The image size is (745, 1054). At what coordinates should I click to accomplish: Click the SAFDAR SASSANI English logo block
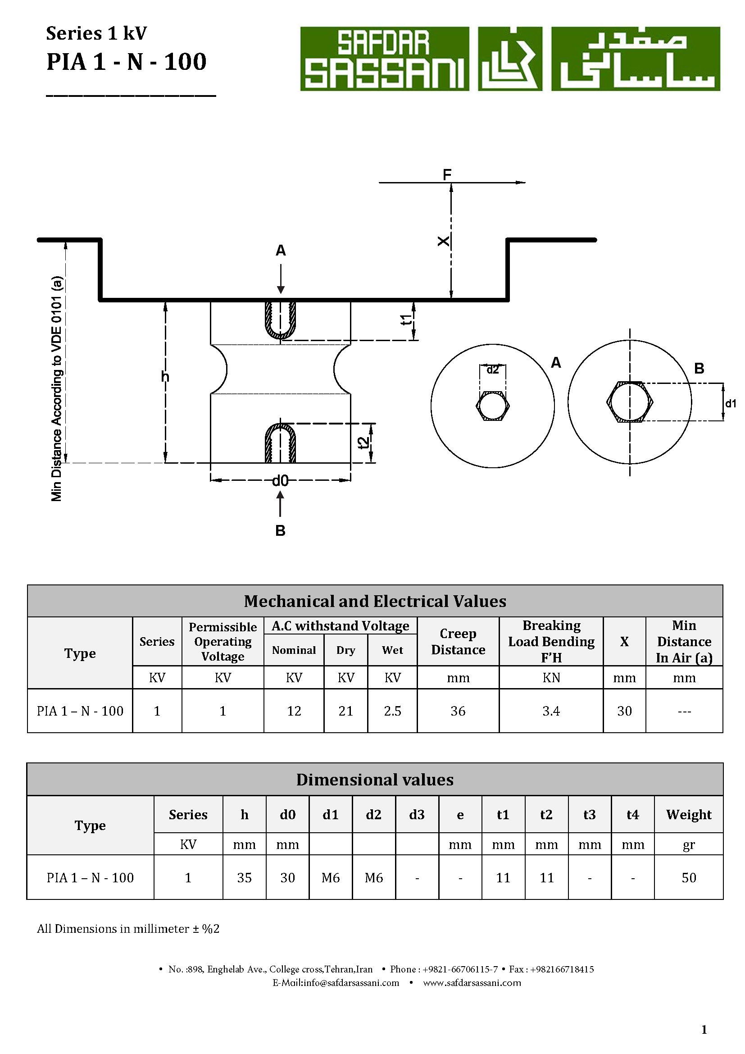click(x=384, y=59)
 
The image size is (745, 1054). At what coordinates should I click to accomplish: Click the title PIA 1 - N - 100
click(x=127, y=62)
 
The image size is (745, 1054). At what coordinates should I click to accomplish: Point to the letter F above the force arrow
click(x=447, y=174)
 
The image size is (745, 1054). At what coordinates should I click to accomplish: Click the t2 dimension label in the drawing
click(x=363, y=443)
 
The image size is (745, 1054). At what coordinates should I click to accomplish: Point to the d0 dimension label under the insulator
click(x=280, y=481)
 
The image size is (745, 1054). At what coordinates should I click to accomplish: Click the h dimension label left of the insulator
click(x=165, y=377)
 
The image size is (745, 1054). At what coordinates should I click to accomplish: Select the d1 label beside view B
click(x=730, y=403)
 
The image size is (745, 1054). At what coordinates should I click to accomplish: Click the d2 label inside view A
click(x=492, y=370)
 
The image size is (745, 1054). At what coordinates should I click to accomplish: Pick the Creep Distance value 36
click(x=458, y=711)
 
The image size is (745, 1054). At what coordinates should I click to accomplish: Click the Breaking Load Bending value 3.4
click(x=551, y=711)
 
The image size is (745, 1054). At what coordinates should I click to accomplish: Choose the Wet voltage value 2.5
click(x=392, y=711)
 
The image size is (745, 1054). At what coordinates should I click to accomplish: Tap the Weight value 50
click(x=689, y=878)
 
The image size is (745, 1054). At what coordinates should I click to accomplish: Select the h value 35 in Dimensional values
click(x=244, y=878)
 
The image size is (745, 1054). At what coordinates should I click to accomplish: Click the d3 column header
click(x=417, y=815)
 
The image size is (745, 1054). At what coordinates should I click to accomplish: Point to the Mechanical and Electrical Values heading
click(x=375, y=602)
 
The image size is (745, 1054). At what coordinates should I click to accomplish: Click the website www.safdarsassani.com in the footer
click(x=472, y=983)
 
